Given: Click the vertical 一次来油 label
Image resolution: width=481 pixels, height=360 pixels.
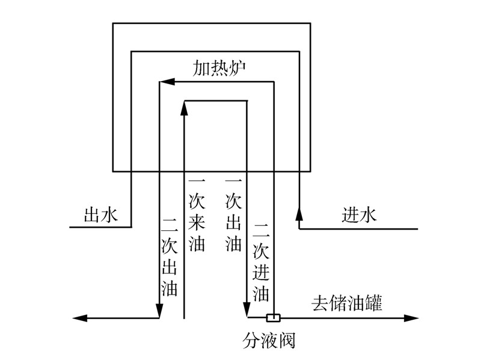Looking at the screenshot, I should pyautogui.click(x=197, y=214).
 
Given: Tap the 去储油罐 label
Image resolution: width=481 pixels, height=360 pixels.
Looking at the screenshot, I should pyautogui.click(x=347, y=303).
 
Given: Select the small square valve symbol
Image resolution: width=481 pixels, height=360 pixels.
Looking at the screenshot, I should pyautogui.click(x=273, y=317).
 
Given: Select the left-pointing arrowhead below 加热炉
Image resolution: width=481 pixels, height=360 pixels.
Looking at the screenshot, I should pyautogui.click(x=168, y=81).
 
